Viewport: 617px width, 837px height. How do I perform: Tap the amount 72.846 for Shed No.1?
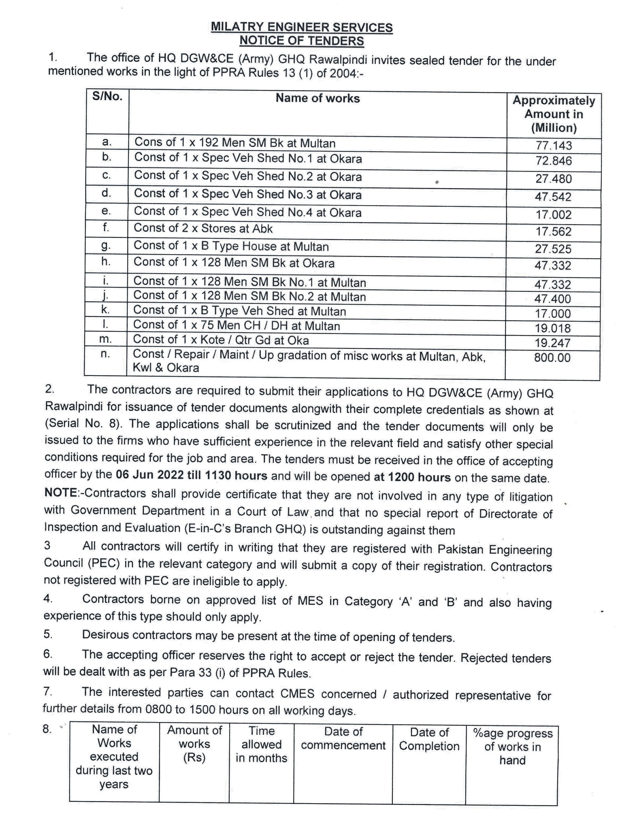(553, 161)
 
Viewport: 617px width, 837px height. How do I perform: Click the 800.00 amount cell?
(552, 358)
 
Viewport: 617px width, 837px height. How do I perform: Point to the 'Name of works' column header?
(318, 98)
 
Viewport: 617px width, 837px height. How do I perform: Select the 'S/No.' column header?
(108, 96)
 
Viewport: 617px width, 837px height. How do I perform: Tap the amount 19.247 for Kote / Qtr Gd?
(552, 343)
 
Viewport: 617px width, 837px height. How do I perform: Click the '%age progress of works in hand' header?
(512, 747)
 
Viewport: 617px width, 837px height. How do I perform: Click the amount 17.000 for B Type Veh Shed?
(553, 314)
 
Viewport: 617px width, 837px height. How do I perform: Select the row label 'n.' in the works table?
(105, 353)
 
